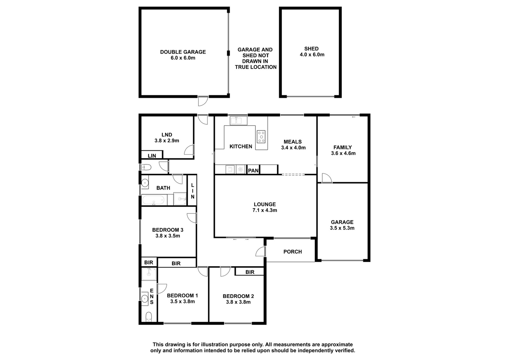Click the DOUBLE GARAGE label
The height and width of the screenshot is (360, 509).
[x=183, y=52]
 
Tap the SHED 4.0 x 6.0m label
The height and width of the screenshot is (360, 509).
[x=312, y=52]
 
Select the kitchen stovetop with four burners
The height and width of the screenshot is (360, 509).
[x=261, y=136]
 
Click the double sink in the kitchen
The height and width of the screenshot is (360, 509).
[x=238, y=121]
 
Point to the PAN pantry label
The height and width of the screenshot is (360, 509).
[x=253, y=170]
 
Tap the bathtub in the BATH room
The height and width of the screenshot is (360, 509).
[x=153, y=200]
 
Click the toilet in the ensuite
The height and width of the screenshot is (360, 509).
[x=149, y=317]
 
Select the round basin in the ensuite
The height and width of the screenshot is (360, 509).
[x=144, y=298]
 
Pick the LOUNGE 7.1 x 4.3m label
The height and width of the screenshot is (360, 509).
[x=265, y=207]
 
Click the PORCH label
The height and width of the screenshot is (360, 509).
[x=293, y=252]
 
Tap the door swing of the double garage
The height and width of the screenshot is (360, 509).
[x=203, y=101]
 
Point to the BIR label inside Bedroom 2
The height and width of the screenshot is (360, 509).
[x=250, y=272]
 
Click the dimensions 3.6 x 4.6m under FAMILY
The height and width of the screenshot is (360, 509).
[x=343, y=153]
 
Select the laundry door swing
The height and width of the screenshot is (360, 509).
[x=189, y=150]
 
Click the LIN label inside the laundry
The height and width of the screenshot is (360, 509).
[x=152, y=156]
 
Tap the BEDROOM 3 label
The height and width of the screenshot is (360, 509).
[x=168, y=230]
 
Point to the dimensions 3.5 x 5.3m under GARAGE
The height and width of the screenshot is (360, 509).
[x=342, y=228]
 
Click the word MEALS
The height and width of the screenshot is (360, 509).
[x=293, y=142]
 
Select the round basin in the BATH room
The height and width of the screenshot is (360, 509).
[x=145, y=183]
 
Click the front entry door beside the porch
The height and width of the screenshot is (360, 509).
[x=261, y=252]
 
